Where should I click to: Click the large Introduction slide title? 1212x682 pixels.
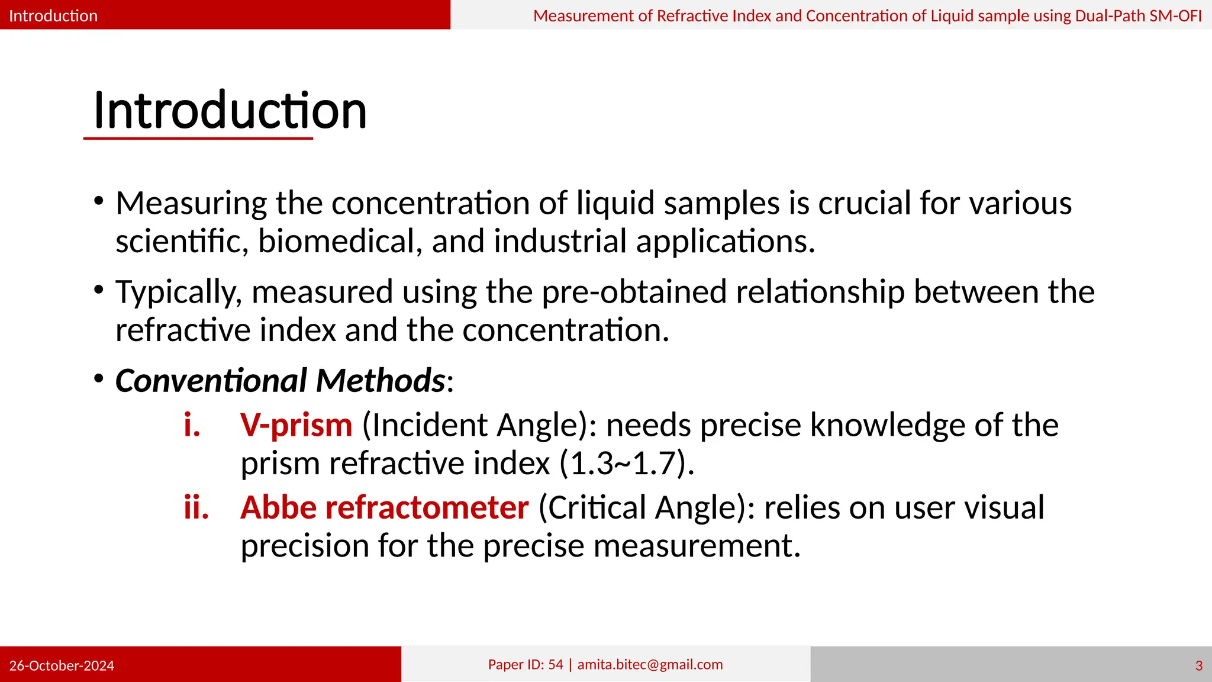pyautogui.click(x=230, y=111)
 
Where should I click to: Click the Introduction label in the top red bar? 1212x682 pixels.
pyautogui.click(x=53, y=15)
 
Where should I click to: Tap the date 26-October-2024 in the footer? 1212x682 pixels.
pyautogui.click(x=62, y=665)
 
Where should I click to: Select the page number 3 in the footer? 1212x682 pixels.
pyautogui.click(x=1198, y=665)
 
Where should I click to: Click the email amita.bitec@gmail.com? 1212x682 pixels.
pyautogui.click(x=650, y=664)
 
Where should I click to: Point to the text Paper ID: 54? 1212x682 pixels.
pyautogui.click(x=526, y=664)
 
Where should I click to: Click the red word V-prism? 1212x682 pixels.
pyautogui.click(x=296, y=425)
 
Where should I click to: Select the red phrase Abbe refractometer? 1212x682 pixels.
pyautogui.click(x=384, y=508)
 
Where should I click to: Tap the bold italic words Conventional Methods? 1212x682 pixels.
pyautogui.click(x=280, y=380)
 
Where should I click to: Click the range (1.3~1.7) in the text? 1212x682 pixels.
pyautogui.click(x=626, y=463)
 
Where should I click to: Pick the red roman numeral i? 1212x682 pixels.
pyautogui.click(x=192, y=425)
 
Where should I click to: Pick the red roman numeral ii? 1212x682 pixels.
pyautogui.click(x=196, y=508)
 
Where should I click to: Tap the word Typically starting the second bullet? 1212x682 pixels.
pyautogui.click(x=178, y=292)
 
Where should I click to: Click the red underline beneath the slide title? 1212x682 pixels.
pyautogui.click(x=198, y=139)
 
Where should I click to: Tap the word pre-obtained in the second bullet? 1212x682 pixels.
pyautogui.click(x=634, y=292)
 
